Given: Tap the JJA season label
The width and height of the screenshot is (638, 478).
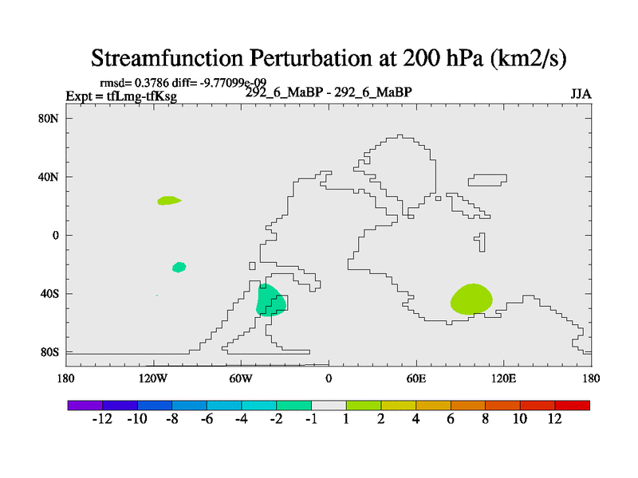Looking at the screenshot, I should (581, 93).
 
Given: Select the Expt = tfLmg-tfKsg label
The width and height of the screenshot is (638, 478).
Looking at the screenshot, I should (120, 96).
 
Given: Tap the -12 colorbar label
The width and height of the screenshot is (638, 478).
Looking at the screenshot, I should (103, 419).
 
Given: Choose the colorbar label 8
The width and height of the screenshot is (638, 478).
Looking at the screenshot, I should (485, 419).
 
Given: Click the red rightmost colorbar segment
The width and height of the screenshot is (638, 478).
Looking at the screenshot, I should (573, 406).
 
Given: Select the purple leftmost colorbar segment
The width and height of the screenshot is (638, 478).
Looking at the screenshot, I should (85, 406).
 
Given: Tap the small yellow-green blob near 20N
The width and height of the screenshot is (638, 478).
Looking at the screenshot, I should (168, 201).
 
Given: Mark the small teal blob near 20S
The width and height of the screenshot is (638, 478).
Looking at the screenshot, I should (179, 267).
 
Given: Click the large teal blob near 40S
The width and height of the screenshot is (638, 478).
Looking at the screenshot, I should (270, 301).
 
